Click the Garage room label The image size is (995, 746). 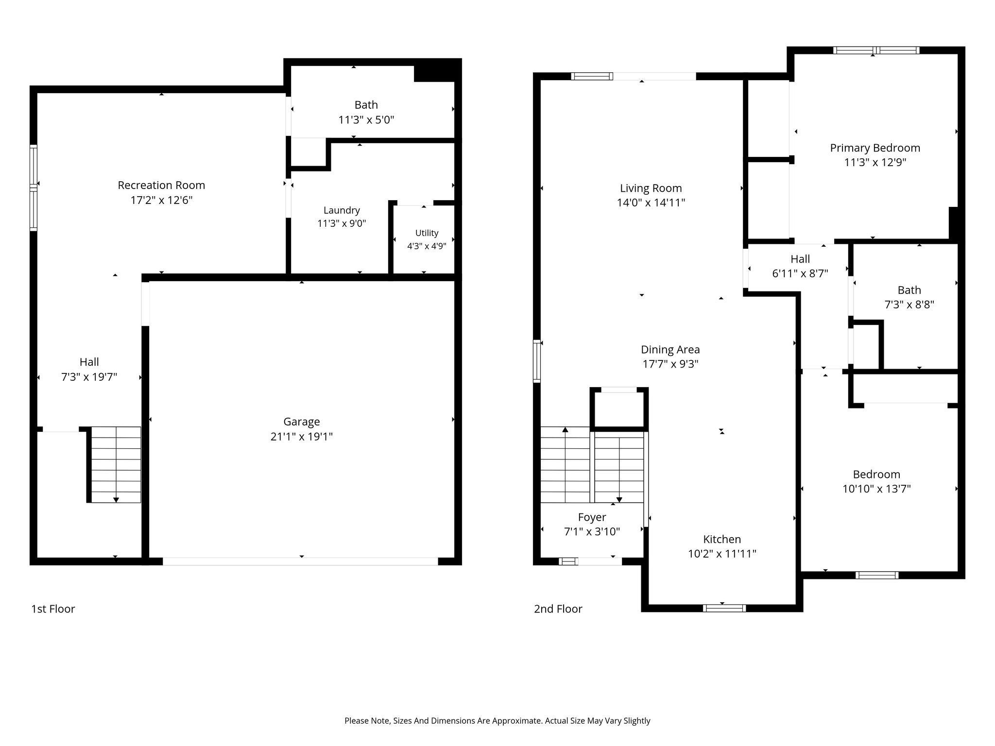302,422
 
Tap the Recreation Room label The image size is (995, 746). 161,185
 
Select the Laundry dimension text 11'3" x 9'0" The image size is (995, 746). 342,223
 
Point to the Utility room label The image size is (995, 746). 427,233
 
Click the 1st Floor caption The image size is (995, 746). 53,609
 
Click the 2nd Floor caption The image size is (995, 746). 558,609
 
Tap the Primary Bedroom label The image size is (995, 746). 875,148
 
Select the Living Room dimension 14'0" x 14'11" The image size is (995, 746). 651,203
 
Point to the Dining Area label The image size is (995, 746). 670,350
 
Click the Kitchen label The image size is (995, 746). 722,539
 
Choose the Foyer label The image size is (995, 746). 592,517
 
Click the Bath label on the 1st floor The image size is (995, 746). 366,105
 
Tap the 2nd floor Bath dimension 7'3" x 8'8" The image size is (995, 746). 909,305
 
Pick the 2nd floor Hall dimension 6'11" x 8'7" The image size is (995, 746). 800,273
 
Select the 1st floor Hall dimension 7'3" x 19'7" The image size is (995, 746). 89,377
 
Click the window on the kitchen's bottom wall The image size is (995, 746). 724,608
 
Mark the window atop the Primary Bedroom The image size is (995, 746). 876,50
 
